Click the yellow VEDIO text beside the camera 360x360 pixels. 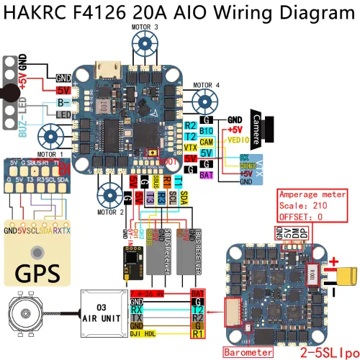point(237,142)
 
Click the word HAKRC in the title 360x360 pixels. point(37,12)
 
